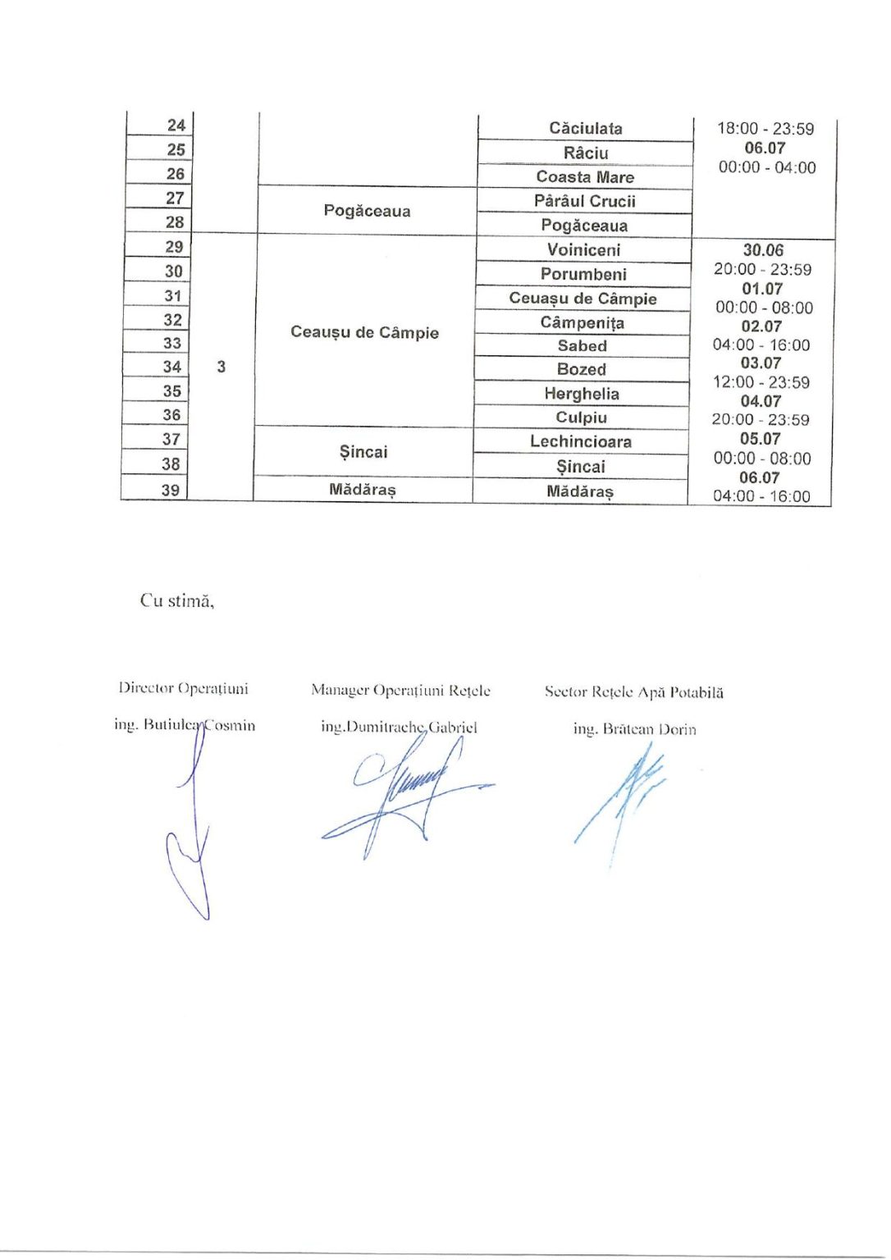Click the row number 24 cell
click(x=176, y=126)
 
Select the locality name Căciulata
click(x=585, y=128)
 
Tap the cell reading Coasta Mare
click(x=585, y=176)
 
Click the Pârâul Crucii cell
click(x=584, y=201)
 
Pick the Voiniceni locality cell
click(x=583, y=249)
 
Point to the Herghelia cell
click(x=582, y=394)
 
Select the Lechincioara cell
click(x=581, y=441)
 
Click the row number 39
click(x=170, y=490)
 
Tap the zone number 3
click(x=221, y=367)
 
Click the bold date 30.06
click(x=763, y=250)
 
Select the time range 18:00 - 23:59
click(x=765, y=129)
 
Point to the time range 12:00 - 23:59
click(x=761, y=382)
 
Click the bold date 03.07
click(x=761, y=363)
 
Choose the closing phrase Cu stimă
click(x=177, y=600)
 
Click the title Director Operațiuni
click(x=183, y=688)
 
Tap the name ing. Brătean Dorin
click(x=634, y=728)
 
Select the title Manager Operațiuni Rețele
click(x=400, y=691)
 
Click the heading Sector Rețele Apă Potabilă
click(x=633, y=692)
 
